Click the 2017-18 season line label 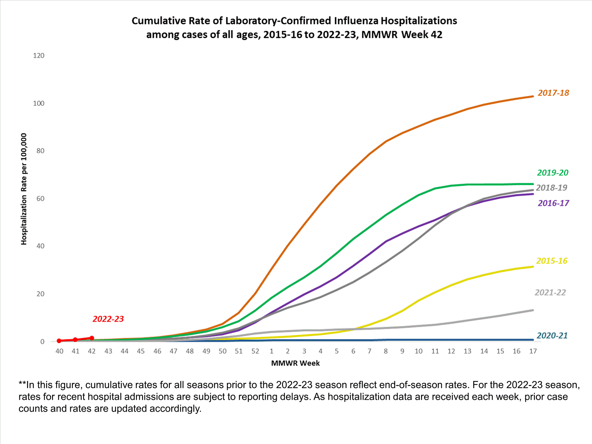click(553, 93)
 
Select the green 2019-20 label click(553, 173)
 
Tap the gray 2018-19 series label click(551, 188)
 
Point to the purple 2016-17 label click(553, 203)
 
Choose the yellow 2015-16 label click(552, 261)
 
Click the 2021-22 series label click(550, 292)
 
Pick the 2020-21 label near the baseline click(552, 335)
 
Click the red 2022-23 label click(108, 319)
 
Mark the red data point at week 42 click(92, 338)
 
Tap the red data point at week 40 click(59, 341)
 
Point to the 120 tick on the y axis click(39, 56)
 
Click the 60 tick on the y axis click(40, 199)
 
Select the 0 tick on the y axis click(42, 342)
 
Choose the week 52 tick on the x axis click(255, 351)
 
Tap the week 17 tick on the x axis click(533, 351)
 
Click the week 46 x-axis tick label click(157, 351)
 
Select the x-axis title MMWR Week click(295, 363)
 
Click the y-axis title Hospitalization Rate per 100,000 click(24, 189)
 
